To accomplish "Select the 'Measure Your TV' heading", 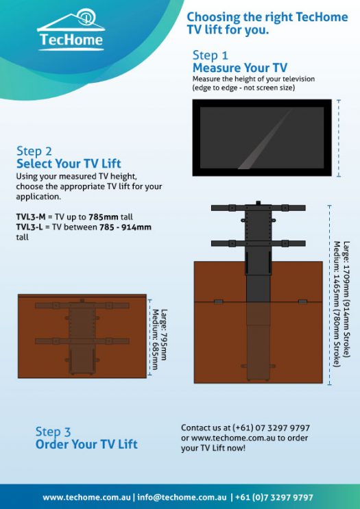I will pos(239,69).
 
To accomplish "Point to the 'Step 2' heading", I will pos(34,151).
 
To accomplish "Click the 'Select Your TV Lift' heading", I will pos(69,164).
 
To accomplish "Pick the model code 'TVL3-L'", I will pos(30,227).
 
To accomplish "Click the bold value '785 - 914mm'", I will pos(123,227).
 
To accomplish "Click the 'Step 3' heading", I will pos(53,432).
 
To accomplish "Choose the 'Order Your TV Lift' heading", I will pos(86,445).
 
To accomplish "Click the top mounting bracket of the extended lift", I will pos(257,207).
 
